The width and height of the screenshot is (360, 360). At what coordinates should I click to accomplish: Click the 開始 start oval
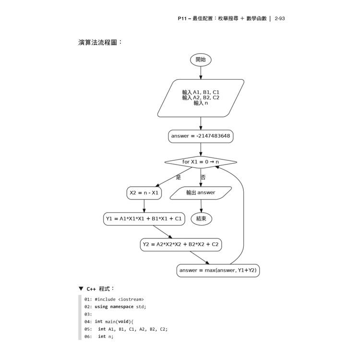tap(201, 60)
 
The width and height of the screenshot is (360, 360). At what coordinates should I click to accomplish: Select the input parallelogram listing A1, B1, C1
tap(201, 98)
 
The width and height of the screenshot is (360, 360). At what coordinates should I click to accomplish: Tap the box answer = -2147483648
tap(201, 136)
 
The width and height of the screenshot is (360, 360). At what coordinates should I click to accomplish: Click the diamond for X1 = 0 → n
tap(201, 162)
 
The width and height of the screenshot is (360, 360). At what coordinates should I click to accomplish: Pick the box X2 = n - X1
tap(144, 193)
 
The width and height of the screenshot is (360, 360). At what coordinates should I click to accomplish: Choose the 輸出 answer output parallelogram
tap(201, 193)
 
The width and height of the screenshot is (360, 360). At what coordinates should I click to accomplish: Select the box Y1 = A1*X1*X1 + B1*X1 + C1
tap(144, 219)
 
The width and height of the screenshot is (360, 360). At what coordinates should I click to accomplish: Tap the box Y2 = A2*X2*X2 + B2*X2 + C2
tap(181, 244)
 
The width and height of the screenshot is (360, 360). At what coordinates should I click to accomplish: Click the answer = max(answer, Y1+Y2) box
tap(218, 270)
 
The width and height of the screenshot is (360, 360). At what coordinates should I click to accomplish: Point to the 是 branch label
tap(179, 177)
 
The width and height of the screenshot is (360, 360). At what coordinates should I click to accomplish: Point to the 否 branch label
tap(203, 177)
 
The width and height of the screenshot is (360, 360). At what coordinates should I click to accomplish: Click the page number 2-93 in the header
tap(280, 19)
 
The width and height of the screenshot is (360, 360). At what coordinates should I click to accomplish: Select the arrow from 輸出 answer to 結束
tap(201, 206)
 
